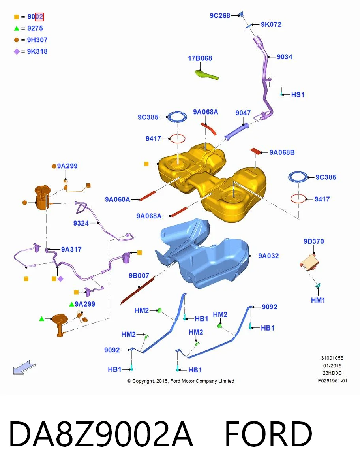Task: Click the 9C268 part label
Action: click(x=220, y=16)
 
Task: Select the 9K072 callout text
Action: click(x=271, y=24)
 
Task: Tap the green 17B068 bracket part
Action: click(x=206, y=75)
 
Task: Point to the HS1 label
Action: click(x=298, y=94)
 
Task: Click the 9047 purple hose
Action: click(x=236, y=131)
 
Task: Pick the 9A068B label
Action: click(x=282, y=152)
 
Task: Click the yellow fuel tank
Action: click(x=212, y=181)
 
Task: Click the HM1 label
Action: click(x=318, y=300)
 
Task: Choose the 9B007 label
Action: click(x=139, y=276)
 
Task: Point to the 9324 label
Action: click(x=81, y=223)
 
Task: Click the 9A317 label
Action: click(x=71, y=250)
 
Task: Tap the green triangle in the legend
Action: click(x=17, y=28)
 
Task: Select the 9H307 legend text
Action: click(x=37, y=40)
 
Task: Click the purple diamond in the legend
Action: click(x=17, y=51)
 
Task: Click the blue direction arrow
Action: click(x=24, y=367)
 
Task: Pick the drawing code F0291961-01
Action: click(x=333, y=381)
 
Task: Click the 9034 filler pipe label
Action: click(x=285, y=57)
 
